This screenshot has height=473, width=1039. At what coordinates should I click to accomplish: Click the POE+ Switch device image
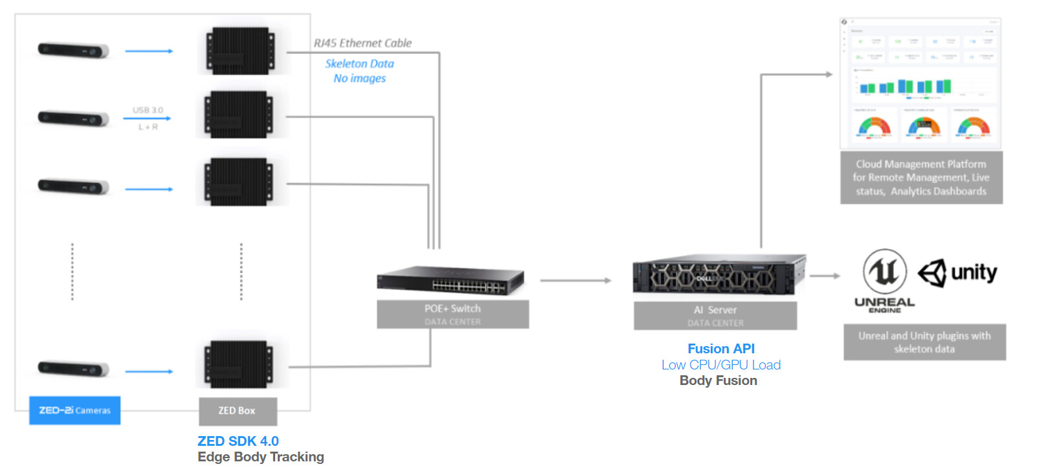(x=451, y=280)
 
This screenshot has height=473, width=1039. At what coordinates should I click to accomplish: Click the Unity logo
(x=957, y=273)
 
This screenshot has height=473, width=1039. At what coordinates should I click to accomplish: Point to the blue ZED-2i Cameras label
(x=74, y=410)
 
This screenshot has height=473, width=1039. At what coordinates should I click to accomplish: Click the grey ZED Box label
(x=237, y=411)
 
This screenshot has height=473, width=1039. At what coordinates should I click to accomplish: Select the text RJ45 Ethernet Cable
(x=363, y=43)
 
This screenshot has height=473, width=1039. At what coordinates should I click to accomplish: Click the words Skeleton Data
(x=359, y=63)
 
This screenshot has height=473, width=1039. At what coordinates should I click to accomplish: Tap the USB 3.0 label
(x=148, y=110)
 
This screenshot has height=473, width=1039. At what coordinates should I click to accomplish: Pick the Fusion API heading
(x=721, y=349)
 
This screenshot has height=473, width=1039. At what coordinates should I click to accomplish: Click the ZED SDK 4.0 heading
(x=238, y=441)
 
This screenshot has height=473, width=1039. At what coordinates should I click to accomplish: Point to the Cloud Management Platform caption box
(x=921, y=177)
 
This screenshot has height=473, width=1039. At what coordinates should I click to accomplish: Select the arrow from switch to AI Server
(x=575, y=281)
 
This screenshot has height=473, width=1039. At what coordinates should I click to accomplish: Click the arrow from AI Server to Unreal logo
(x=824, y=276)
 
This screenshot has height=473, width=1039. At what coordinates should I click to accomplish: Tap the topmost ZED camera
(x=73, y=50)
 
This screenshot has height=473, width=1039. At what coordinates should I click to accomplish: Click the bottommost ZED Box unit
(x=238, y=365)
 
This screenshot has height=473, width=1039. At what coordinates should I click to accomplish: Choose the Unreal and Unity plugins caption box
(x=924, y=342)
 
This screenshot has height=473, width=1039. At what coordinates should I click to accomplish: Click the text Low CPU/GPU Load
(x=721, y=365)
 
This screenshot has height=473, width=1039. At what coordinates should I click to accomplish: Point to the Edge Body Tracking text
(x=261, y=457)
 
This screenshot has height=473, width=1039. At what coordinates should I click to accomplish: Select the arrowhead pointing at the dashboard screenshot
(x=829, y=74)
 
